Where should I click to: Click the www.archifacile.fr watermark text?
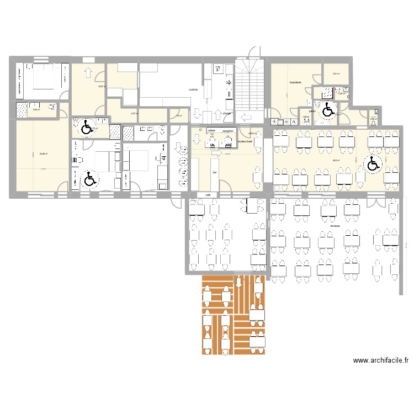click(380, 360)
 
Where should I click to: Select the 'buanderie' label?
click(295, 82)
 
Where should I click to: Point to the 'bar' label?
click(214, 172)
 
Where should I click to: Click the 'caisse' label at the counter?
click(211, 131)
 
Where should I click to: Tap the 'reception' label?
click(228, 131)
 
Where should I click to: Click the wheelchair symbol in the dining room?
click(373, 163)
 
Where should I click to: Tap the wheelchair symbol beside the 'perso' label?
click(328, 110)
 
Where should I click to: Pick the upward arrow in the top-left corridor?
click(88, 72)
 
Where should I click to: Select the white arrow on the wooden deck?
click(238, 283)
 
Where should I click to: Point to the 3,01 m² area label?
click(335, 74)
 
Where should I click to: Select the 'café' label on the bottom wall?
click(208, 194)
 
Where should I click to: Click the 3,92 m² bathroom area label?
click(36, 110)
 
